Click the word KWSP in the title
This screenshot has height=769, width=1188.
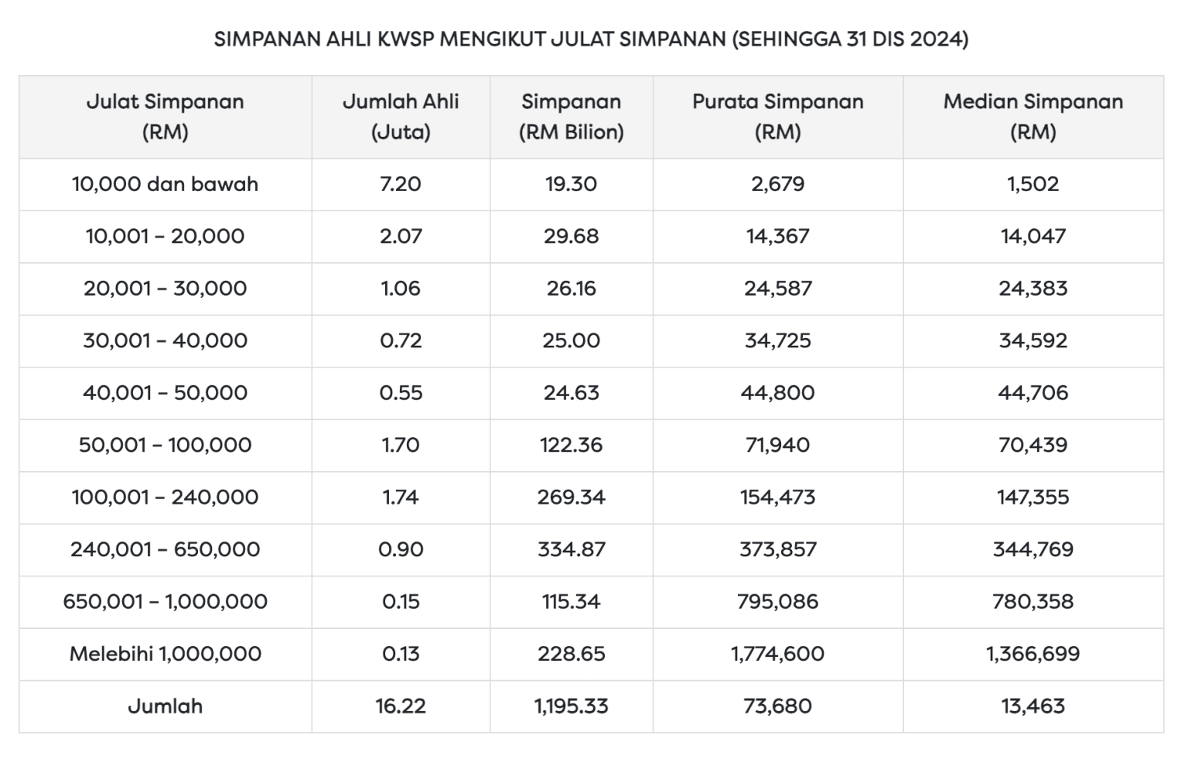pos(405,39)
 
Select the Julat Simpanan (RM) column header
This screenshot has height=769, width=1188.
pos(165,117)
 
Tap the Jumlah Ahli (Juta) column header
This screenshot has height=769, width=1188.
pos(401,117)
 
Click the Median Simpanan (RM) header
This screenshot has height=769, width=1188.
pos(1033,117)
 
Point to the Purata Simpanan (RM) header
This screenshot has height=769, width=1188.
pos(777,117)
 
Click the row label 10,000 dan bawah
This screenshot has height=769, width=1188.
pos(165,184)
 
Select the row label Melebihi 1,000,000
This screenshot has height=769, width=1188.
pos(165,654)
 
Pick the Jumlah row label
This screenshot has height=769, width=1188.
pos(165,706)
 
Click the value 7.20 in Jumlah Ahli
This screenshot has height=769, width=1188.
pos(401,184)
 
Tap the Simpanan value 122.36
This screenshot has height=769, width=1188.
pos(571,446)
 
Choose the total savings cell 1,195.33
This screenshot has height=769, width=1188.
pos(571,706)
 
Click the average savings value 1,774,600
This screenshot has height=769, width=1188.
pos(777,654)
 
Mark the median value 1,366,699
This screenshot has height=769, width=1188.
pos(1033,654)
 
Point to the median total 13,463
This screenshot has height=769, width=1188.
pos(1033,706)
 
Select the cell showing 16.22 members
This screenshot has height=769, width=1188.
pos(401,706)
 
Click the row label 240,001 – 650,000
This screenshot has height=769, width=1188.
pos(165,549)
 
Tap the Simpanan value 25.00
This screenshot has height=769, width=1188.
pos(571,341)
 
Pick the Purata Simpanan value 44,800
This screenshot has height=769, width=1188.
pos(777,393)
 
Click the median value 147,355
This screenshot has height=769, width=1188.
pos(1033,497)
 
